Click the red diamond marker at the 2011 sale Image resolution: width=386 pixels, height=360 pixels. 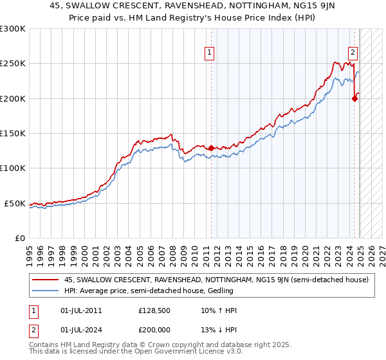[211, 148]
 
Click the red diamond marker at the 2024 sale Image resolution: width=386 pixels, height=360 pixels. [354, 98]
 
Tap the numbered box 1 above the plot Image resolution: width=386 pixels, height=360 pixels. [210, 53]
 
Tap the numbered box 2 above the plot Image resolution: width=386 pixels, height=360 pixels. [353, 53]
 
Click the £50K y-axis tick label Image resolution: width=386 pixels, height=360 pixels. [15, 203]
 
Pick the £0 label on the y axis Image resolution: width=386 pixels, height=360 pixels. [19, 238]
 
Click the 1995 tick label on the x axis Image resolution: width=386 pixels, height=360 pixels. [30, 250]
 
